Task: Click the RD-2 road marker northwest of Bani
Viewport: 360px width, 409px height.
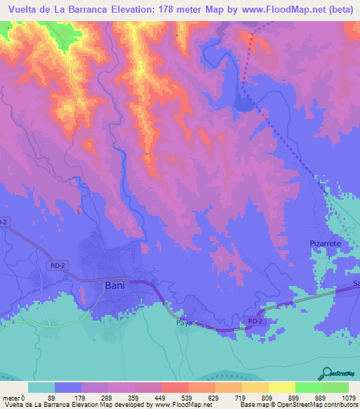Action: (x=60, y=265)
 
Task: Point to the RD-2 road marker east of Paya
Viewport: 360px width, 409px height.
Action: (x=255, y=320)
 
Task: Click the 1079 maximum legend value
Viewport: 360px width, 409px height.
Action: (x=348, y=398)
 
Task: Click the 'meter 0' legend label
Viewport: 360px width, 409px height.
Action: (x=15, y=398)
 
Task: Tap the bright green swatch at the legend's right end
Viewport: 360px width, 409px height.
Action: (x=335, y=387)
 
